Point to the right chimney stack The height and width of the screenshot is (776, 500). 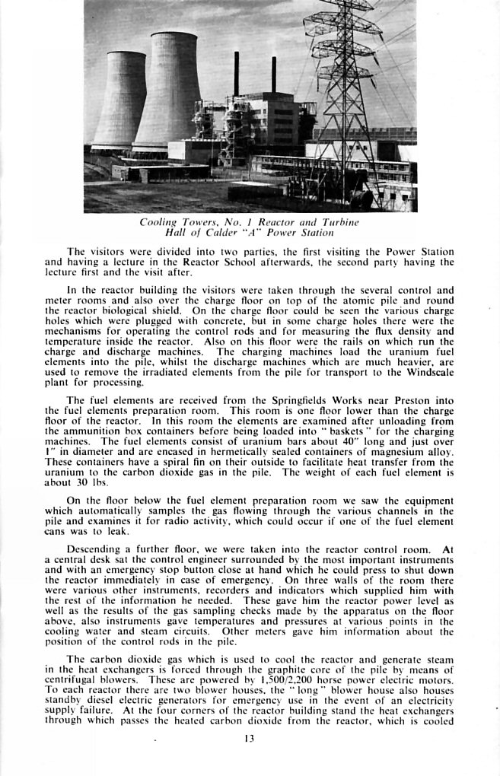click(273, 75)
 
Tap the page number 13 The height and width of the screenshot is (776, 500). click(250, 738)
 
